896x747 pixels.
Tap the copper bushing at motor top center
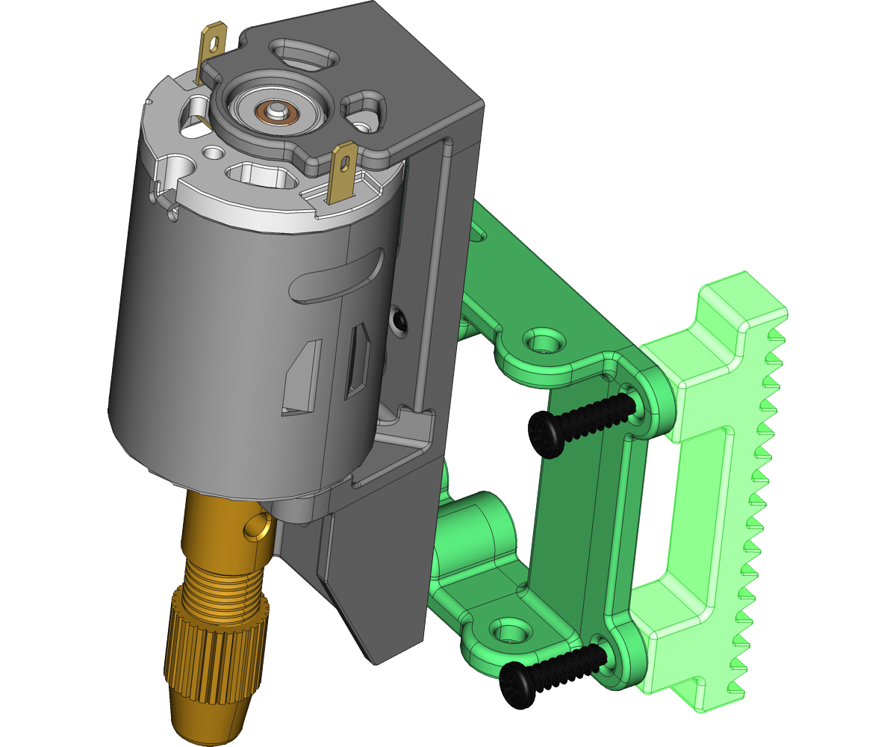click(x=277, y=112)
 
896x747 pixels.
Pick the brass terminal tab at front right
click(x=343, y=171)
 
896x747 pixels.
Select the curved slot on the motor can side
click(x=336, y=277)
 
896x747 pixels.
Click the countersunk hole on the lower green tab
click(x=510, y=632)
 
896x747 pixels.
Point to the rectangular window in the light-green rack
click(x=694, y=508)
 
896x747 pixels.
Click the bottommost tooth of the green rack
click(x=735, y=686)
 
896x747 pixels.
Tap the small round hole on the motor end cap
click(x=214, y=153)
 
